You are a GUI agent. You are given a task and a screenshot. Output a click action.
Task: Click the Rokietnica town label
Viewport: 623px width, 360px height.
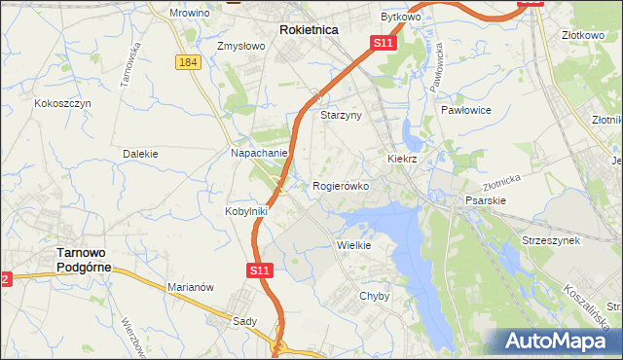(309, 30)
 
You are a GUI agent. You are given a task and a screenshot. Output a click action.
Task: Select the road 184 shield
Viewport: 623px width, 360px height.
(189, 62)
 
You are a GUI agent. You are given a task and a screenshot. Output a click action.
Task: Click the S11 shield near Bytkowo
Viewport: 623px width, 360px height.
(384, 44)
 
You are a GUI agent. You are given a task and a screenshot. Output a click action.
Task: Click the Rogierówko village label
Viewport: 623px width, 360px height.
(340, 185)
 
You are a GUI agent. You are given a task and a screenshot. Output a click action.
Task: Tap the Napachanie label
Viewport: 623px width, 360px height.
(259, 153)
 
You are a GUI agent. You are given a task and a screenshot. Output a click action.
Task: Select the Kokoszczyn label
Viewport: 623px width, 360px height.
(62, 103)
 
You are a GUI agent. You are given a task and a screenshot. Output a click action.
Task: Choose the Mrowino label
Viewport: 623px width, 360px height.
(190, 14)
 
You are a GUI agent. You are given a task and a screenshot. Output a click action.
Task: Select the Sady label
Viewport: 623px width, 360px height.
(243, 320)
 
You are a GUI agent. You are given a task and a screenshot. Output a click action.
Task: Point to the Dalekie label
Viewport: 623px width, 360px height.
(140, 154)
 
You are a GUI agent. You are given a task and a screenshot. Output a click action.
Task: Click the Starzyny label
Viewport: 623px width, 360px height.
(341, 115)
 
